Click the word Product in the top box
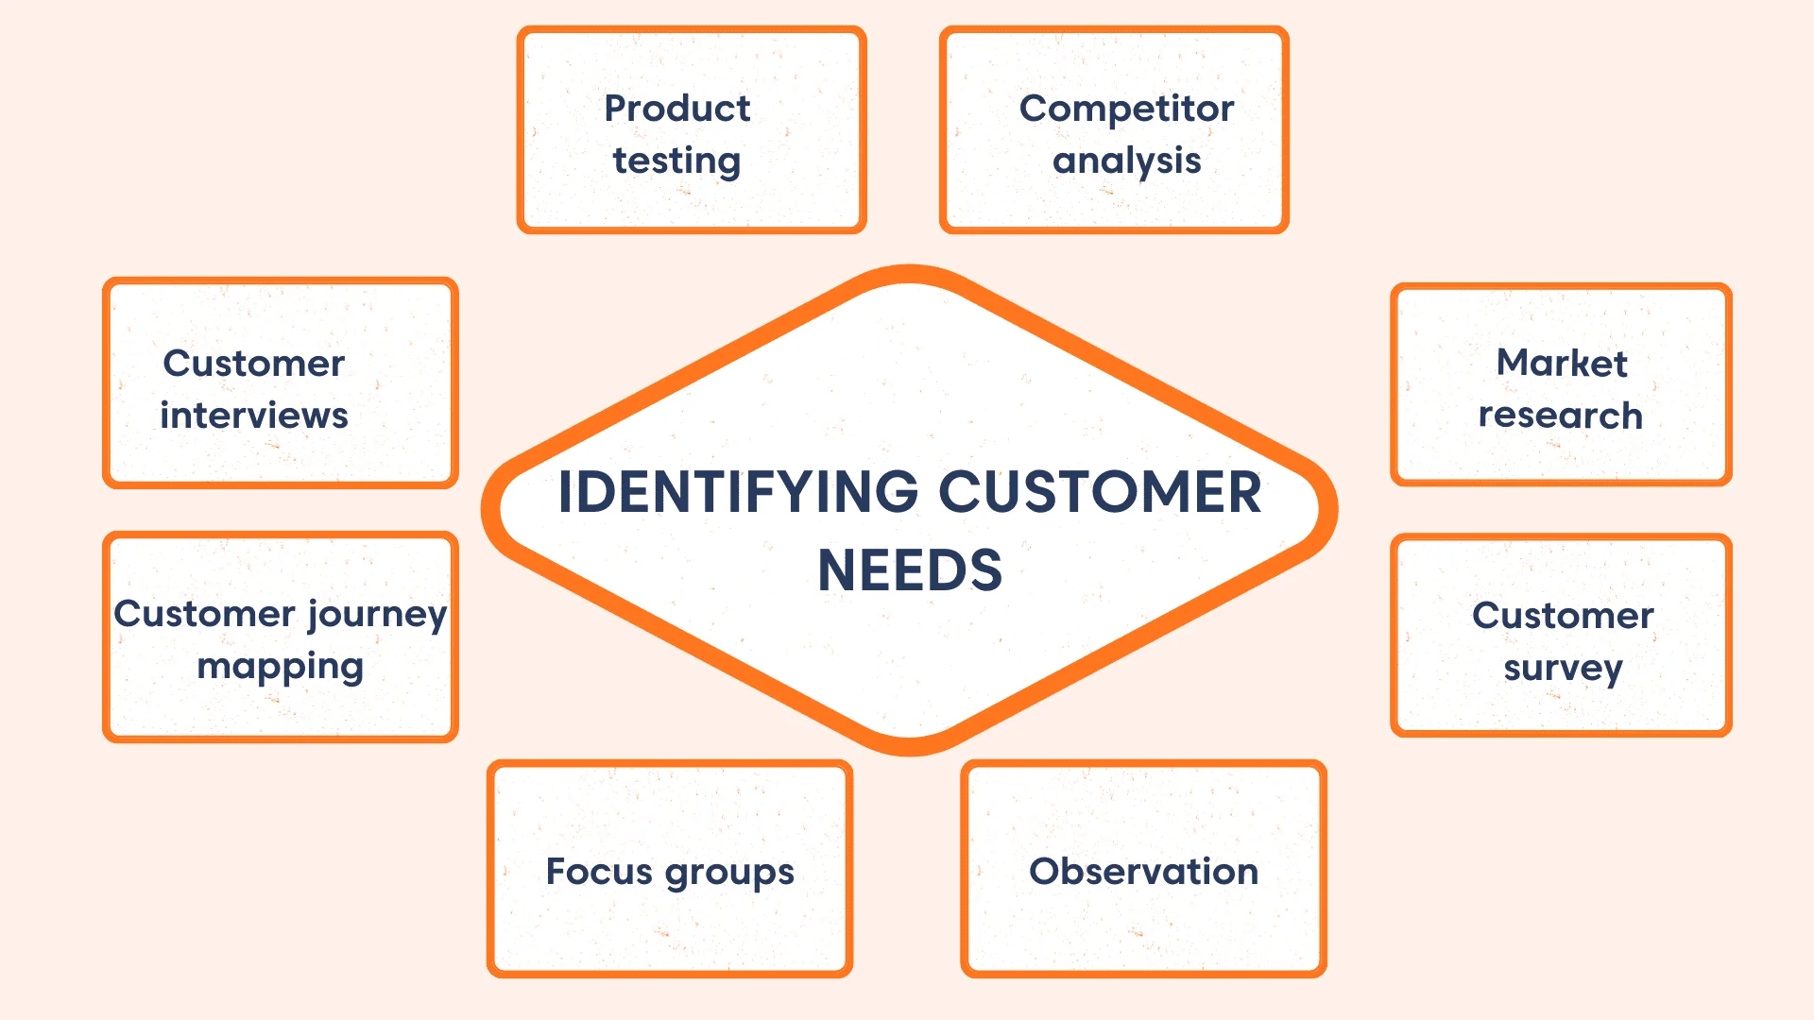pos(676,109)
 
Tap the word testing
pos(676,161)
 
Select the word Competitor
pos(1126,110)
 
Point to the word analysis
pos(1126,161)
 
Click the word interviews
pos(254,415)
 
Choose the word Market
pos(1562,363)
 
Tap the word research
pos(1560,415)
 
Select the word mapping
pos(280,667)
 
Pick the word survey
pos(1563,669)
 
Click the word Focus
pos(599,871)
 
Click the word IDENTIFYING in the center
pos(738,492)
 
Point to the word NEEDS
pos(909,570)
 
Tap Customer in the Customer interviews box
pos(253,363)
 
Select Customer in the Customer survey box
pos(1563,616)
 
